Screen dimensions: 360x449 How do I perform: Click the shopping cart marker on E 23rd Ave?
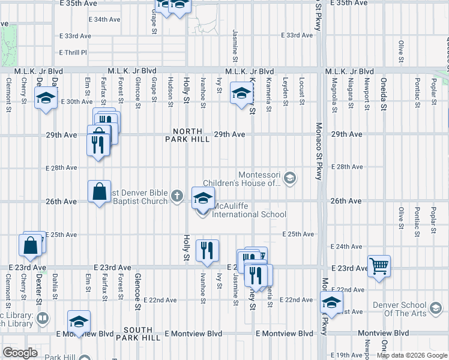pyautogui.click(x=379, y=265)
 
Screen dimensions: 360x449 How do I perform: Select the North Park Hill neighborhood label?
pyautogui.click(x=191, y=135)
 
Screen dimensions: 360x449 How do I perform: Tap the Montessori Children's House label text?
pyautogui.click(x=241, y=179)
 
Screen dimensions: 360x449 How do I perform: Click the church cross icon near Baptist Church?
pyautogui.click(x=176, y=196)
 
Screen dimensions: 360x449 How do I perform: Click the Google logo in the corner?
pyautogui.click(x=20, y=352)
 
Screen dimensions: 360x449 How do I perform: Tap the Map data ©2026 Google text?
pyautogui.click(x=412, y=355)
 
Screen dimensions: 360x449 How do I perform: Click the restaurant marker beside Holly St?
pyautogui.click(x=207, y=251)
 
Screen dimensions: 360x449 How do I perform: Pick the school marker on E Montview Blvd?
pyautogui.click(x=78, y=322)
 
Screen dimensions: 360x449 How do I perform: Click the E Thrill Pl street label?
pyautogui.click(x=73, y=53)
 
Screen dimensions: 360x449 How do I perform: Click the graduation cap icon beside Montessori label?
pyautogui.click(x=290, y=178)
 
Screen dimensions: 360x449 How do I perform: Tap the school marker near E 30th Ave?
pyautogui.click(x=46, y=98)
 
